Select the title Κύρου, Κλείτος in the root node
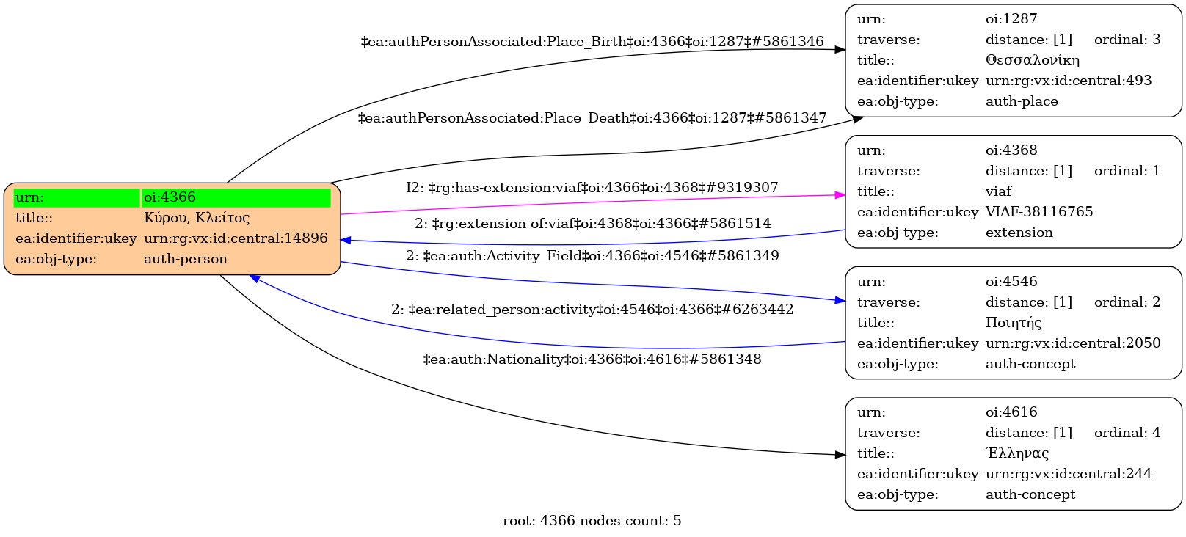[x=197, y=218]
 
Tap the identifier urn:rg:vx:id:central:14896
[x=236, y=238]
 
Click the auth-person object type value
[x=186, y=259]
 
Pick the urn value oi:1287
[x=1011, y=19]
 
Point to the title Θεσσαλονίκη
[x=1033, y=60]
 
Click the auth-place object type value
[x=1022, y=101]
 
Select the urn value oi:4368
[x=1011, y=150]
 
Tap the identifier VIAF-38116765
[x=1039, y=212]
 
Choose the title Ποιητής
[x=1014, y=323]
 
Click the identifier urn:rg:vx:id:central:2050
[x=1073, y=343]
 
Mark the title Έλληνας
[x=1017, y=453]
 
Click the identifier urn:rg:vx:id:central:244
[x=1069, y=474]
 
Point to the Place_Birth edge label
[x=592, y=42]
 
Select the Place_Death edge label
[x=592, y=118]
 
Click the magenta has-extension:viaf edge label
[x=592, y=188]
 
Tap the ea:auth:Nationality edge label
[x=592, y=359]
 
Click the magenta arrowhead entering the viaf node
[x=840, y=195]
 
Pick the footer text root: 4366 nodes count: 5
[x=592, y=521]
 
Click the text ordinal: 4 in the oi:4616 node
[x=1127, y=433]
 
